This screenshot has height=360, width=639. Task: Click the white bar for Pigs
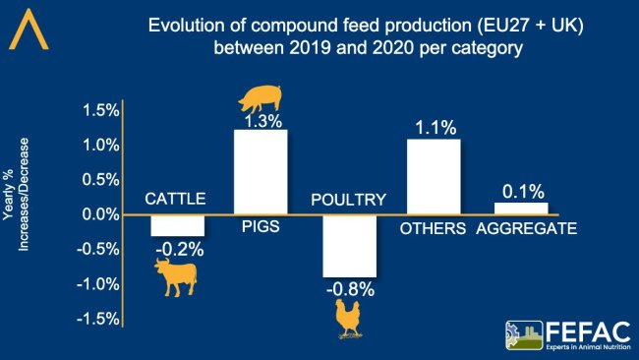pos(260,172)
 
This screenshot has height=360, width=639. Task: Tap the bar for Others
pos(434,177)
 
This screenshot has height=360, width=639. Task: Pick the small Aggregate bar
pos(520,209)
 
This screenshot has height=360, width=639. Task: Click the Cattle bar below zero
pos(177,225)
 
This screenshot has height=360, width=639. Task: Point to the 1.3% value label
pos(261,122)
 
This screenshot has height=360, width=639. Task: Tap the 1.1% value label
pos(435,127)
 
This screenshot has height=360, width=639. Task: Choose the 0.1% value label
pos(520,191)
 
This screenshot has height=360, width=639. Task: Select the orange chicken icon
pos(349,319)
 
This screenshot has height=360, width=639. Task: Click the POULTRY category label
pos(348,200)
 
